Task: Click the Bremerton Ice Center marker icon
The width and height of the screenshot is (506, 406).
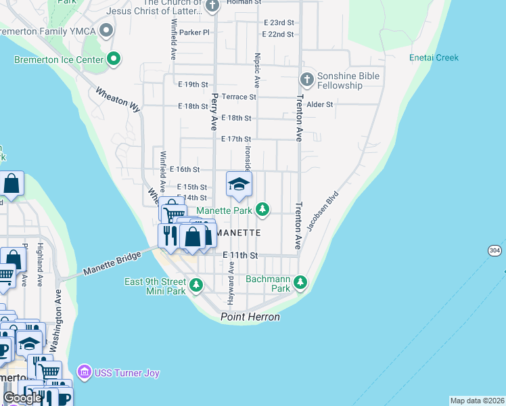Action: click(x=114, y=60)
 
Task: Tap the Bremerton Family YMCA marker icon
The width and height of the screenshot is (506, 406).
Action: click(x=106, y=30)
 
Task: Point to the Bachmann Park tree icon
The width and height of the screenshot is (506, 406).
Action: click(x=300, y=281)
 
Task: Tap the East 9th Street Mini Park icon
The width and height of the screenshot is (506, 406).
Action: click(x=196, y=284)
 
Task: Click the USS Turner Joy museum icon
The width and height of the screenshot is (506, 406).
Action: click(x=84, y=371)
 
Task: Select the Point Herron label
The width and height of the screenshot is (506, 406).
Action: click(x=250, y=317)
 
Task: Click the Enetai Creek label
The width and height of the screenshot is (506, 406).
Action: click(x=434, y=58)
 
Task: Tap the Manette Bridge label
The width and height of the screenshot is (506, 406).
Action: click(x=112, y=263)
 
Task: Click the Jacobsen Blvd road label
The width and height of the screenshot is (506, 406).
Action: click(x=322, y=211)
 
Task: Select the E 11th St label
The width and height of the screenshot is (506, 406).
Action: click(x=241, y=255)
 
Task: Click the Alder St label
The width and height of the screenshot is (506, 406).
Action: click(x=320, y=105)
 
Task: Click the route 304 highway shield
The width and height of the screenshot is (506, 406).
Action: click(x=495, y=250)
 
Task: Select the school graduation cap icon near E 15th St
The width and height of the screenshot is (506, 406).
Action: click(x=239, y=184)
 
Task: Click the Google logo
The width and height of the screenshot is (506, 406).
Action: click(x=22, y=398)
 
